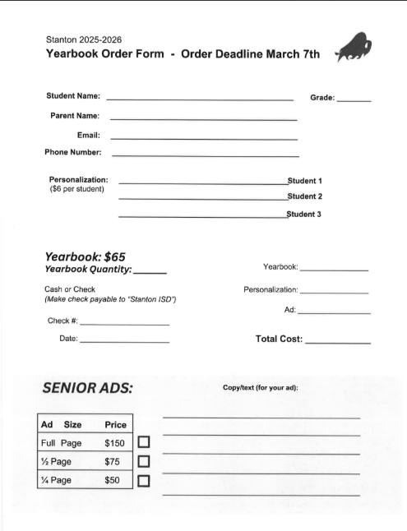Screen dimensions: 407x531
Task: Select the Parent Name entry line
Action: (203, 119)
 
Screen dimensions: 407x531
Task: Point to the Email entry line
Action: (203, 138)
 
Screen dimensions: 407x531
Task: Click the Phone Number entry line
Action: (205, 155)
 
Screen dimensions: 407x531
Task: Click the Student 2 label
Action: (304, 196)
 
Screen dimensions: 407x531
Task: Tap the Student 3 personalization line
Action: (202, 217)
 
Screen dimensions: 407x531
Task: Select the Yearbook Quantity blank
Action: (150, 272)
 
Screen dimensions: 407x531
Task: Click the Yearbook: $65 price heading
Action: (84, 256)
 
